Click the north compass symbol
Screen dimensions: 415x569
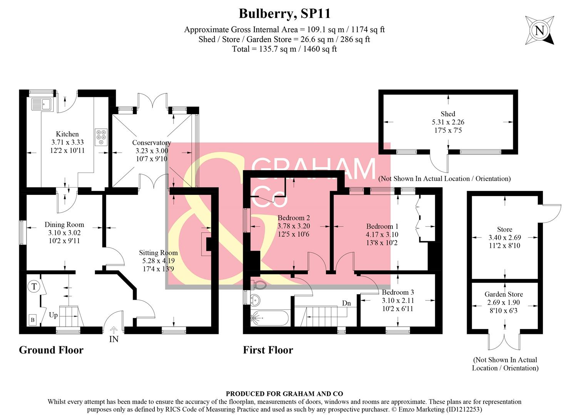tap(540, 30)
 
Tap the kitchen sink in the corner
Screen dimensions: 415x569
tap(42, 104)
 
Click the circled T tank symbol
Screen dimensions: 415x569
tap(34, 286)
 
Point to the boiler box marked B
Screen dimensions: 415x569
tap(33, 320)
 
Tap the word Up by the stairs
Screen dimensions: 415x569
tap(53, 315)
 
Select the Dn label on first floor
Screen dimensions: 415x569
tap(346, 303)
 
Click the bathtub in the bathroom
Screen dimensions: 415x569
tap(269, 318)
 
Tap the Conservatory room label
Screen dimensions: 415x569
tap(152, 143)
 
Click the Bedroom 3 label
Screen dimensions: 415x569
tap(398, 292)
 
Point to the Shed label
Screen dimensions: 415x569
tap(448, 114)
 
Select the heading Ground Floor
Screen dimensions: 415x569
tap(51, 350)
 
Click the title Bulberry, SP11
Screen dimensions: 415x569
tap(284, 13)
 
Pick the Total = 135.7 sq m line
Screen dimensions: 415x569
tap(284, 49)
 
